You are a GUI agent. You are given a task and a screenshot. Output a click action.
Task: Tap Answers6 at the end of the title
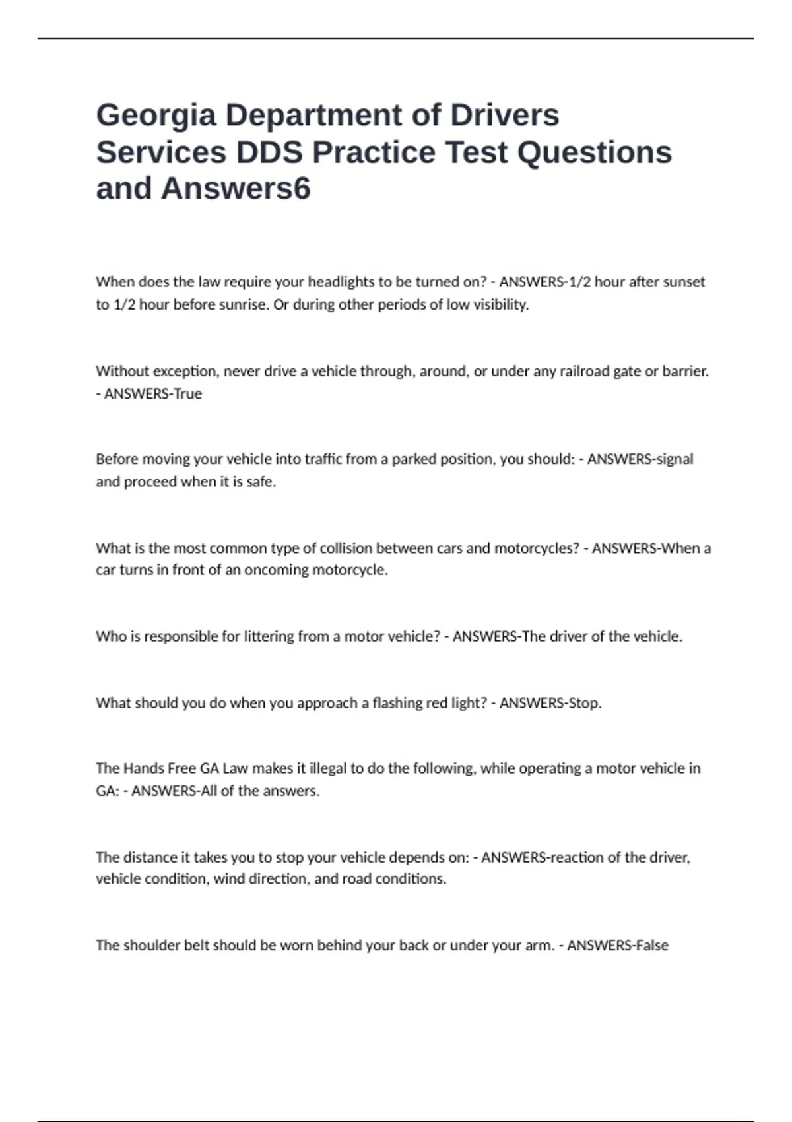tap(236, 189)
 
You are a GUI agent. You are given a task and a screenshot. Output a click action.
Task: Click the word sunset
tap(684, 282)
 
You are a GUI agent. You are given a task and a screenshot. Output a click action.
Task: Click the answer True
tap(187, 393)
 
